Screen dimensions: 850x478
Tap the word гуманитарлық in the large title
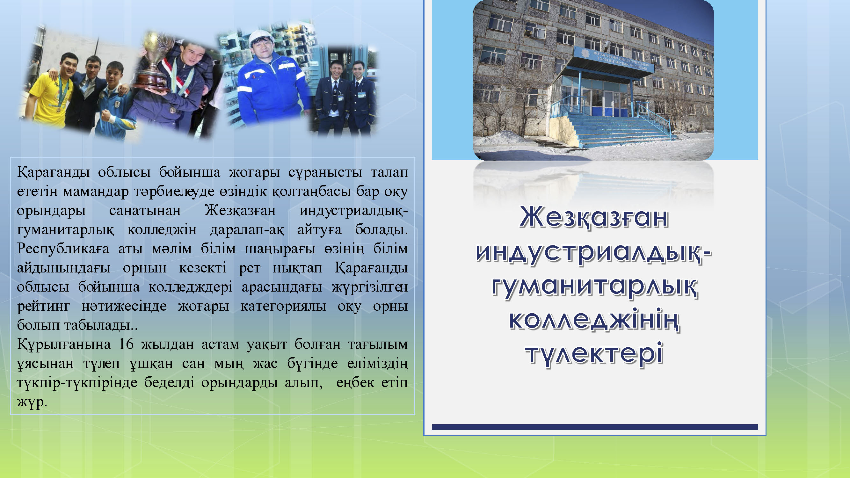[x=594, y=286]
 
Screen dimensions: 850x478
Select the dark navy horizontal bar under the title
[x=595, y=427]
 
